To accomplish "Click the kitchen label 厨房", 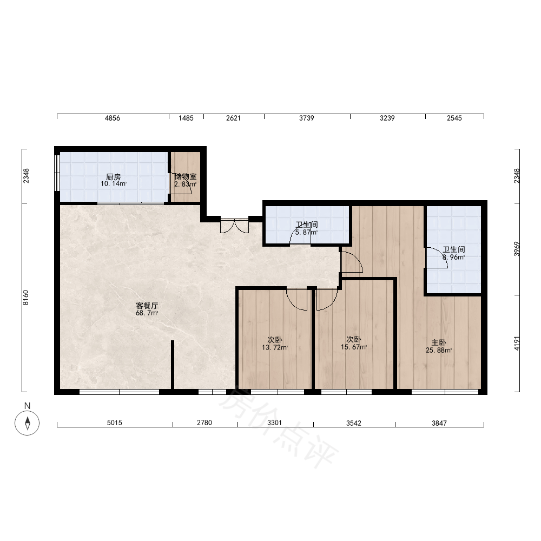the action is (x=113, y=177).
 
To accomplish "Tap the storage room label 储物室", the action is (x=185, y=177).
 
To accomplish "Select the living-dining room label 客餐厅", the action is (x=147, y=306).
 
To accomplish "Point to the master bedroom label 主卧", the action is (x=439, y=342).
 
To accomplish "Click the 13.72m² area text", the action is (x=275, y=347).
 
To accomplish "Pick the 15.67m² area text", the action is (x=354, y=347).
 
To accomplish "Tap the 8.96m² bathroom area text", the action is (x=453, y=257).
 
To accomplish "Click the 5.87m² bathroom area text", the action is (x=306, y=232).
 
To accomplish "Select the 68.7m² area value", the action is (x=147, y=313).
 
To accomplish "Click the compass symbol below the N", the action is (x=27, y=423).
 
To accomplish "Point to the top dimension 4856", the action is (x=113, y=118).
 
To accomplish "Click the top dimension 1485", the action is (x=186, y=118).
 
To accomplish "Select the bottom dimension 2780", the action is (x=204, y=423).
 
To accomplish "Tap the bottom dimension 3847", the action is (x=439, y=423).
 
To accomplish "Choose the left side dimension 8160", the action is (x=26, y=298).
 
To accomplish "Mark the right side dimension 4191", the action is (x=517, y=344).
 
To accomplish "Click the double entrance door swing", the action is (x=235, y=226).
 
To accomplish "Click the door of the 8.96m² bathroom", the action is (x=437, y=258).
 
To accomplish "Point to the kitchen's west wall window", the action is (x=57, y=173).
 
